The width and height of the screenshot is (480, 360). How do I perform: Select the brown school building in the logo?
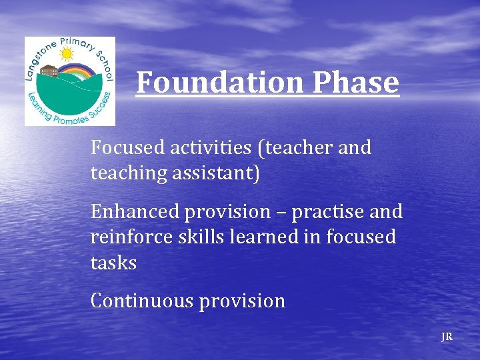point(49,71)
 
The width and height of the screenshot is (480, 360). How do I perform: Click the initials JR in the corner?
point(447,337)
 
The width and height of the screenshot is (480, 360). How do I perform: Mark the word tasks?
point(113,263)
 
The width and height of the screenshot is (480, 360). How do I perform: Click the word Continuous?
point(141,301)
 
